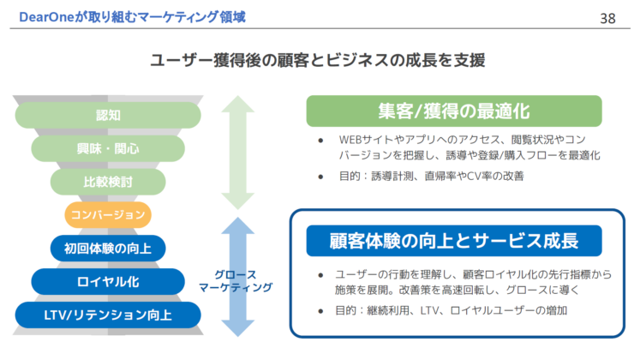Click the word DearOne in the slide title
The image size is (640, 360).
tap(38, 15)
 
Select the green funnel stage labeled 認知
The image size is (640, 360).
tap(108, 115)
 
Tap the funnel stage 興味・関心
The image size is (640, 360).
tap(108, 148)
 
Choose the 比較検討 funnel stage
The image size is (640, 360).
tap(108, 181)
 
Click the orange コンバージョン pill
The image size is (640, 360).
tap(108, 214)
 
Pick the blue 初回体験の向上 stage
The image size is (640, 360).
tap(108, 248)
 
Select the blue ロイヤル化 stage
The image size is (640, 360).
tap(108, 281)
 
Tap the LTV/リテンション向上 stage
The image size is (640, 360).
tap(108, 315)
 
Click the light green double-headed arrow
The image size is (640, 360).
tap(238, 153)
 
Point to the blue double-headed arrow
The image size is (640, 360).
tap(238, 277)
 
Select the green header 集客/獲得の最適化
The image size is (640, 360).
tap(454, 111)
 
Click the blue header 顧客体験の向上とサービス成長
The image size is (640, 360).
tap(454, 240)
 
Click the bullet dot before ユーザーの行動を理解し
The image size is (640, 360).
tap(320, 273)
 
